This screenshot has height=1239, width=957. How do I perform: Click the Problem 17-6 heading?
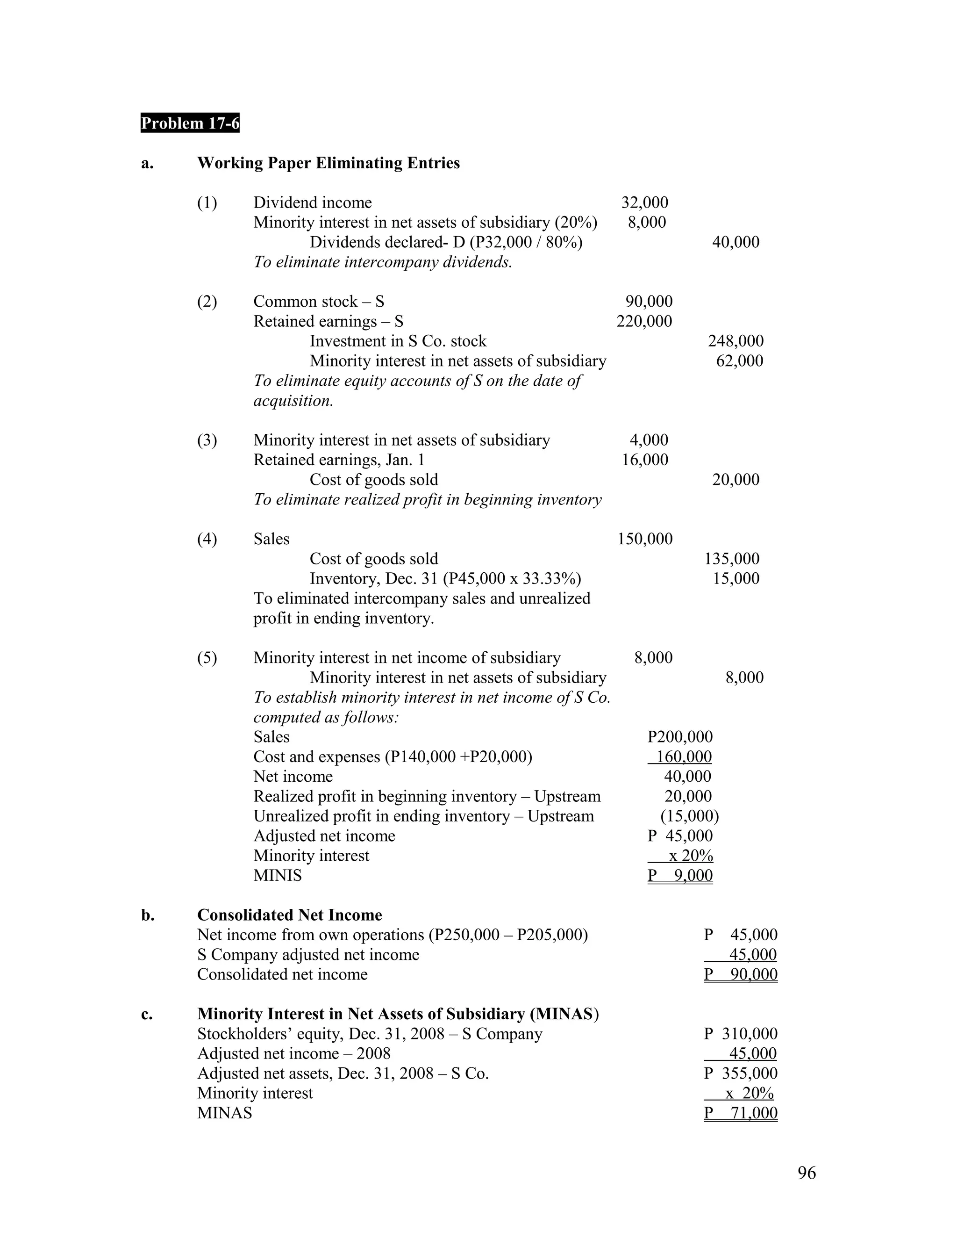point(190,123)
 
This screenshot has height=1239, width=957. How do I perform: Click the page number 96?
point(806,1173)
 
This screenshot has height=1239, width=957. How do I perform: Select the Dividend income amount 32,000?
point(644,202)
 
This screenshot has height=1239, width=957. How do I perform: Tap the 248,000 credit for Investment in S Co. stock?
point(736,341)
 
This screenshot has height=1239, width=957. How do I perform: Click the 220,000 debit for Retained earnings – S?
point(644,321)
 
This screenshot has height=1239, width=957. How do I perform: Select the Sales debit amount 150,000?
point(644,539)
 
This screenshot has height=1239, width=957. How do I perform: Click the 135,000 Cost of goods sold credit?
point(731,559)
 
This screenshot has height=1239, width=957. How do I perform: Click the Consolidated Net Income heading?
point(289,915)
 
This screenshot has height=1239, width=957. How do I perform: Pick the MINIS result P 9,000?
point(680,875)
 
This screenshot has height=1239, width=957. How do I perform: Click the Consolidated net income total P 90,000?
point(741,975)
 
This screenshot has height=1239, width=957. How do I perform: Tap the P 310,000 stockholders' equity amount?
point(741,1034)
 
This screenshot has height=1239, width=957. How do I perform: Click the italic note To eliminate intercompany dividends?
point(383,262)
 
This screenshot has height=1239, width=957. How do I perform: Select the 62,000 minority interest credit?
point(739,361)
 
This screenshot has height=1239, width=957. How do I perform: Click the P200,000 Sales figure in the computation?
point(680,737)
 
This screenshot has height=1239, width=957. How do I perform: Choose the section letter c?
point(147,1014)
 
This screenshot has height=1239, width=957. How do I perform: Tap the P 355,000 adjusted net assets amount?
point(741,1073)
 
